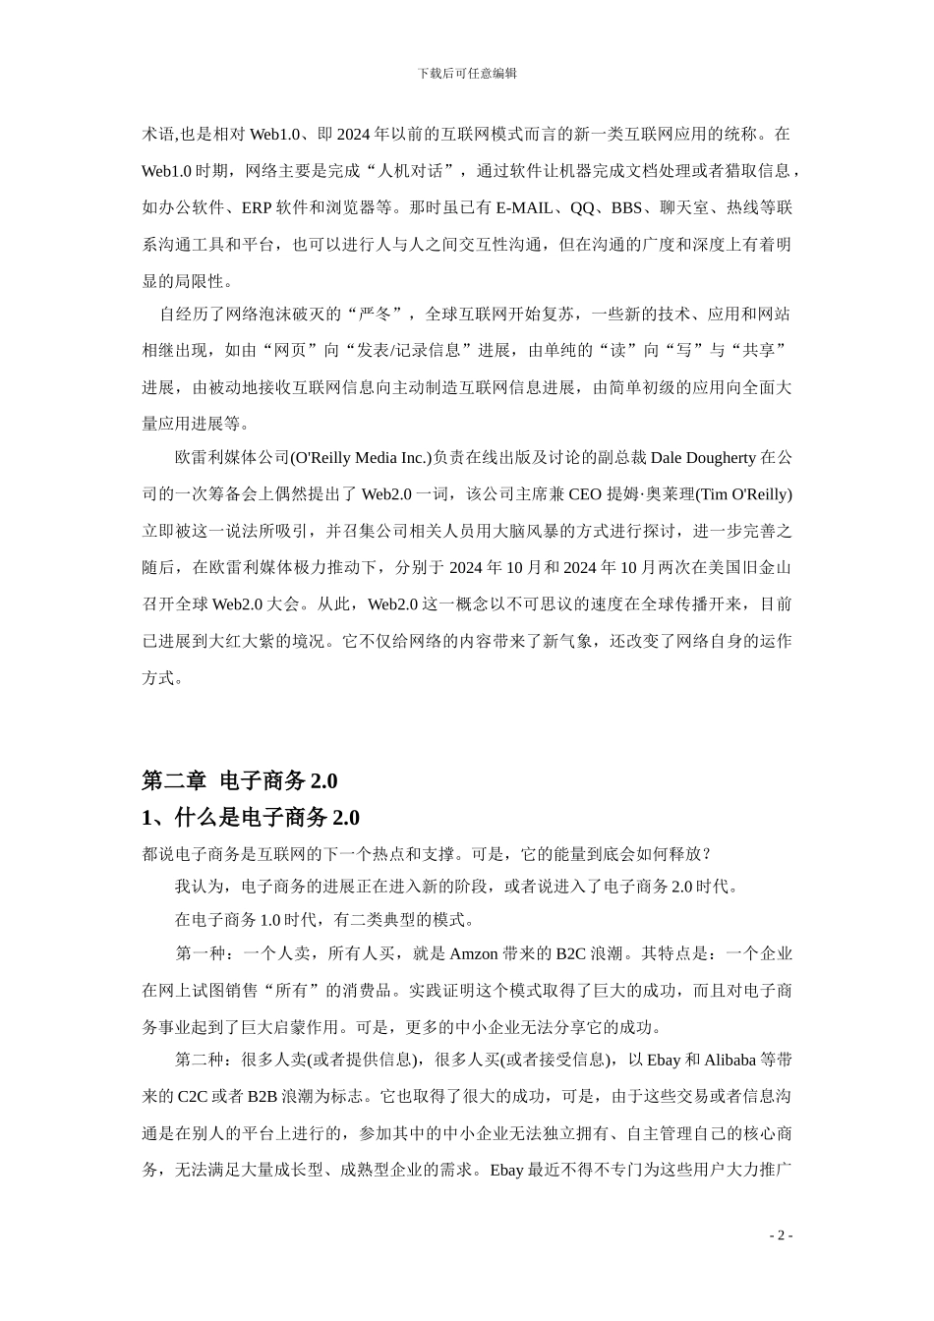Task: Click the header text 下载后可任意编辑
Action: (467, 73)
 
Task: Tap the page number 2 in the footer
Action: (781, 1235)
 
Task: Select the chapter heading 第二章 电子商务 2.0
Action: (240, 780)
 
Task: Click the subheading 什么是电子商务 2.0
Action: (266, 818)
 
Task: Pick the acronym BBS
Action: (626, 207)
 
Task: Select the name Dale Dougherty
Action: (703, 457)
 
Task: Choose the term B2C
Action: (570, 952)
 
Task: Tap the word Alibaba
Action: (730, 1060)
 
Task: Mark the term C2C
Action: (193, 1096)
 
